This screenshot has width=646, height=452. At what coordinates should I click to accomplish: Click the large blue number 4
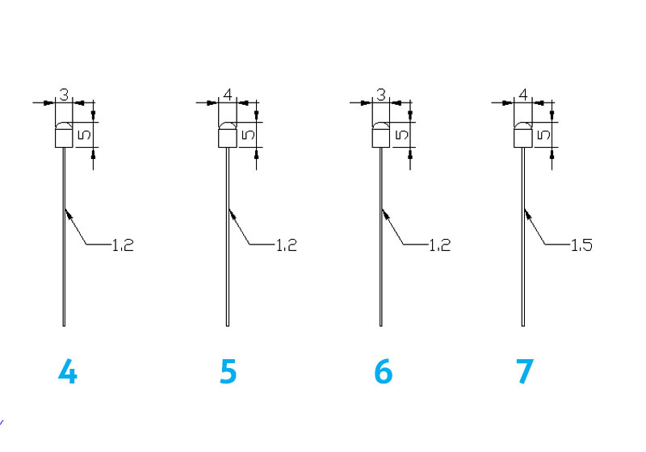[x=68, y=371]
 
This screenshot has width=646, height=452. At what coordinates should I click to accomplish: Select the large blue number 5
[x=229, y=371]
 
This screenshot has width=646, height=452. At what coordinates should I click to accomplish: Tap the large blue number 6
[x=383, y=371]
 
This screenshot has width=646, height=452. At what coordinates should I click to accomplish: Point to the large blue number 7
[x=525, y=371]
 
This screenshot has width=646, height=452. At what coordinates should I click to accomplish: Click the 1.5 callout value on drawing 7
[x=581, y=245]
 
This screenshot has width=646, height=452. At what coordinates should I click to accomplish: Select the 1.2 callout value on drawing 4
[x=123, y=245]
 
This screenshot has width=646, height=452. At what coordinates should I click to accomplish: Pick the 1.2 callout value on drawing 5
[x=286, y=245]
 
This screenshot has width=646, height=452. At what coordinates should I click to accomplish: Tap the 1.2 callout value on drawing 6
[x=439, y=245]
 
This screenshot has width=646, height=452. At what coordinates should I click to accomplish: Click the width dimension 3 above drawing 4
[x=64, y=94]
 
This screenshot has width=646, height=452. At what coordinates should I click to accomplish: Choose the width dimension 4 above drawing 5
[x=228, y=94]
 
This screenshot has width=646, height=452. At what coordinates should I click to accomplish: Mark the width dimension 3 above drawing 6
[x=381, y=94]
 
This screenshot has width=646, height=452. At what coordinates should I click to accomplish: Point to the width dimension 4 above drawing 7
[x=522, y=94]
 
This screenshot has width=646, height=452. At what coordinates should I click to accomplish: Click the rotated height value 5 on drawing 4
[x=85, y=135]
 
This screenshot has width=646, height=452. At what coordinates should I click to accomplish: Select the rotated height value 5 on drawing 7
[x=543, y=135]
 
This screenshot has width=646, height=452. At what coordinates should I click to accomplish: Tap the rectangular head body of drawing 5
[x=228, y=138]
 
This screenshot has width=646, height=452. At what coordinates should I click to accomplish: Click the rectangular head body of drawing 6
[x=380, y=138]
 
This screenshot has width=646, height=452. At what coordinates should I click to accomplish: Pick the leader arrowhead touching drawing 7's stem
[x=528, y=214]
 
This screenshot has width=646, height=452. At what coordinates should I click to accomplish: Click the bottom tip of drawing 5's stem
[x=228, y=326]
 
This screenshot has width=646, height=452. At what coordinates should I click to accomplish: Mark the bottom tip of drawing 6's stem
[x=380, y=326]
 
